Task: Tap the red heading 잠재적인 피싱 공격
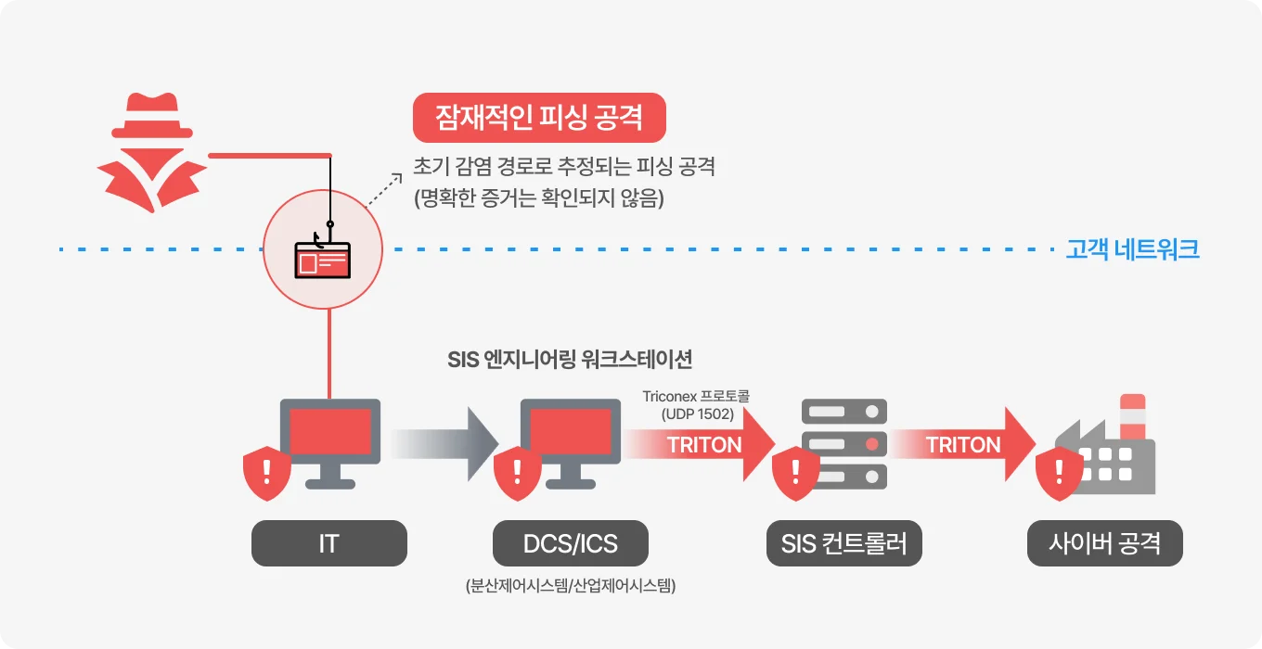(x=539, y=119)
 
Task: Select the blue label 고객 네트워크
(x=1132, y=249)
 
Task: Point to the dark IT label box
(x=329, y=543)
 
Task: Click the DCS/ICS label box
(x=570, y=543)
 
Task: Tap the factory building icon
(x=1114, y=450)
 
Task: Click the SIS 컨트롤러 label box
(x=843, y=543)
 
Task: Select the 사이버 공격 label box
(x=1104, y=543)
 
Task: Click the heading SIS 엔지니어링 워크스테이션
(x=570, y=360)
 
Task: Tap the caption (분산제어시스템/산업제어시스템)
(x=570, y=586)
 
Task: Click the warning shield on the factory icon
(x=1059, y=472)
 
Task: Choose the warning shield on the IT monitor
(x=266, y=472)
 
